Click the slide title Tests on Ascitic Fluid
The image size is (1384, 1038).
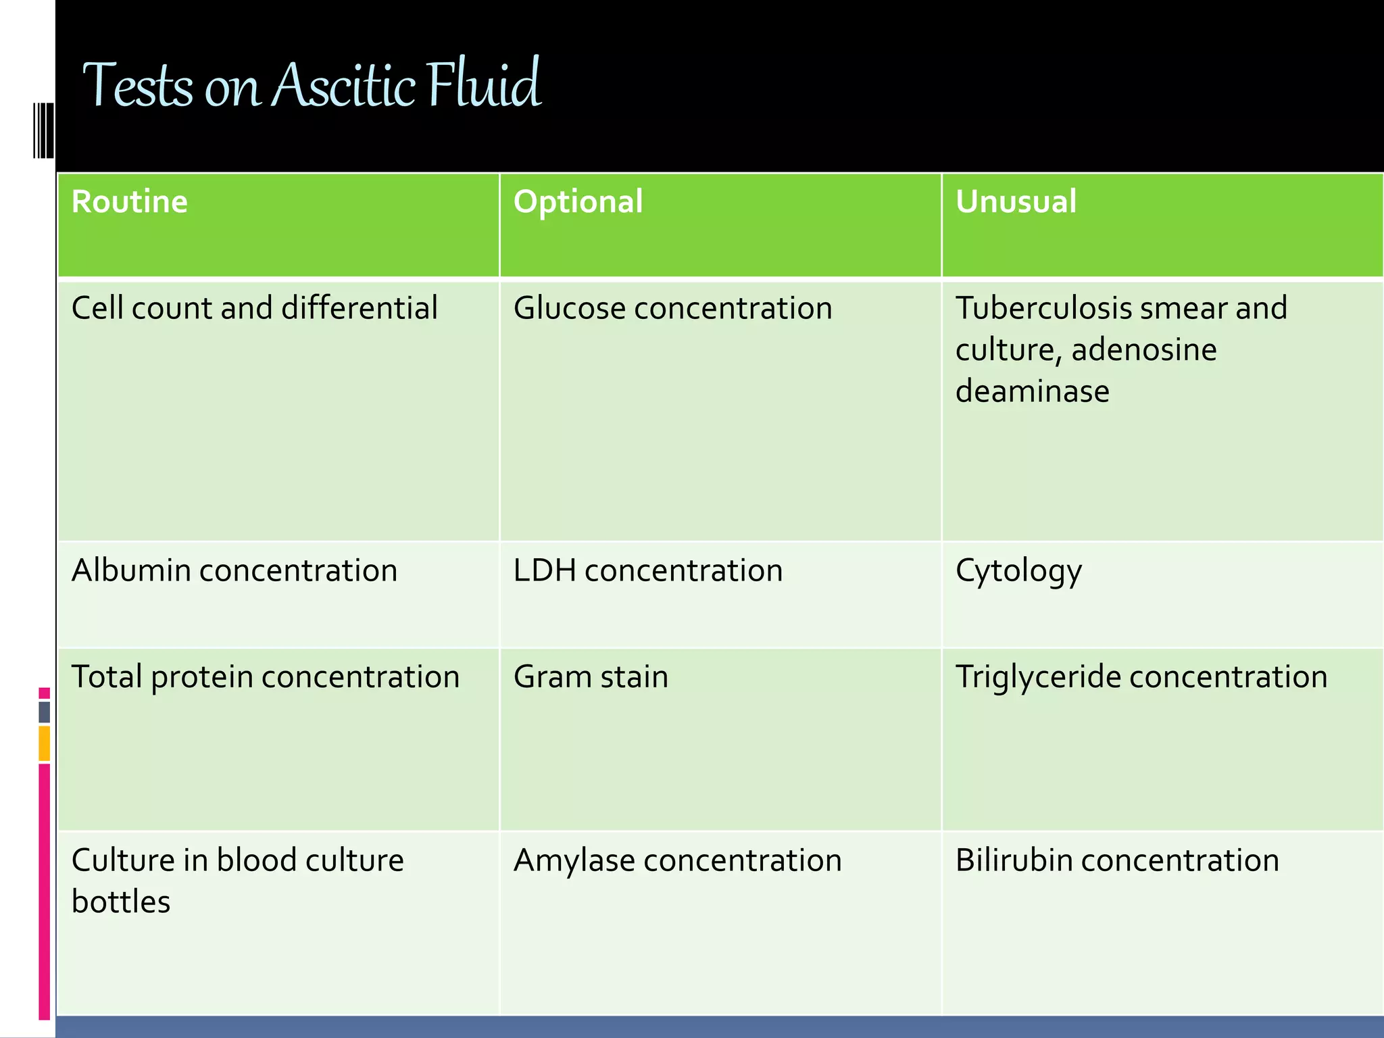pos(311,86)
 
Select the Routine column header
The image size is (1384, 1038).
pos(129,202)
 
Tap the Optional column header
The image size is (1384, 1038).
pos(578,202)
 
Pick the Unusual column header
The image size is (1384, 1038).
pos(1015,202)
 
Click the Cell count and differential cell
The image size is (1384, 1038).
pos(254,308)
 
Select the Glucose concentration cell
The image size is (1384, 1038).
pos(672,308)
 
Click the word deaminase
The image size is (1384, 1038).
pos(1032,391)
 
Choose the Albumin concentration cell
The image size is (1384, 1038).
pos(234,570)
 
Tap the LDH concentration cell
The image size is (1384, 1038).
pos(647,570)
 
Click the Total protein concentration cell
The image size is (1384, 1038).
pos(265,677)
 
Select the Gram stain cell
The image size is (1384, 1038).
pos(591,677)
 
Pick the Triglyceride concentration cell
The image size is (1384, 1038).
pos(1141,677)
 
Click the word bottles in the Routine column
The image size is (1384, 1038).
pos(121,902)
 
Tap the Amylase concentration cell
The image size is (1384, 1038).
pos(677,861)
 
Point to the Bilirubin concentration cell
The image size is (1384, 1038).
pos(1116,861)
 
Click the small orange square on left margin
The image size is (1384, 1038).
pos(44,743)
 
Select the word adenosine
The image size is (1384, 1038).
pos(1143,350)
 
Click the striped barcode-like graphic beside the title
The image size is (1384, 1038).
pos(43,130)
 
